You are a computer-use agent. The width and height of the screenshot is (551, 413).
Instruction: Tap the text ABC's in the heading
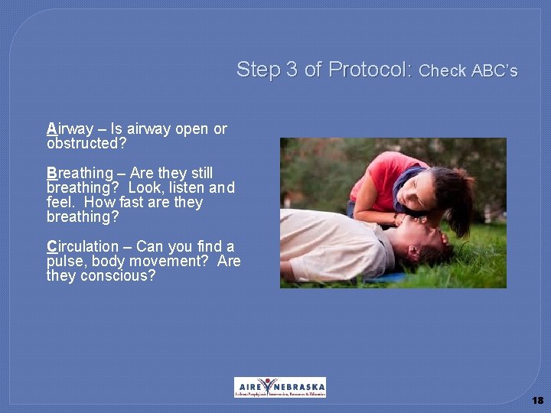coord(494,71)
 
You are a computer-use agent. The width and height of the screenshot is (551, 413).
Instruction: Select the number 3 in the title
coord(292,70)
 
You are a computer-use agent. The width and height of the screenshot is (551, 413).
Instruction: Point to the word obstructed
coord(83,143)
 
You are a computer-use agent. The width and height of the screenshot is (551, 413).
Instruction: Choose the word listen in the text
coord(184,187)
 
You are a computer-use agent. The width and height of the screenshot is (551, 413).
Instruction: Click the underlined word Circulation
coord(83,246)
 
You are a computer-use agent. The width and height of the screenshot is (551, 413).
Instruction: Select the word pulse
coord(64,261)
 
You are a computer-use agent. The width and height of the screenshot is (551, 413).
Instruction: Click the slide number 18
coord(537,400)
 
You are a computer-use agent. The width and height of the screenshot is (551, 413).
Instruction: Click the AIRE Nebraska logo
coord(279,387)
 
